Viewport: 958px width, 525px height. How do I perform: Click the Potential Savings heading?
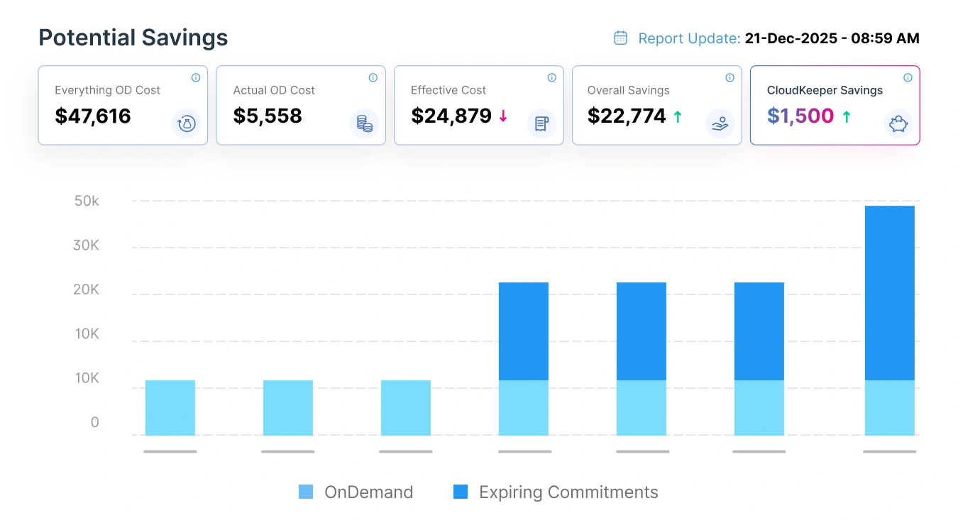(133, 38)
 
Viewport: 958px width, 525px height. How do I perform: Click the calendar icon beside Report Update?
(620, 38)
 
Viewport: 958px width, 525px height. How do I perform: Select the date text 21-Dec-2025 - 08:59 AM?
(832, 38)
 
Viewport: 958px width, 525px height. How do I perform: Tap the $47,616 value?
(93, 116)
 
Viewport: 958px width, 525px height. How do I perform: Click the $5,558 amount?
(268, 116)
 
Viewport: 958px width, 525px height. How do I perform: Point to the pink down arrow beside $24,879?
(503, 116)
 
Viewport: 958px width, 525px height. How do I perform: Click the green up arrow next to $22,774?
(678, 116)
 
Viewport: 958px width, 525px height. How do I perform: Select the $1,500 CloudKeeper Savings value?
(800, 116)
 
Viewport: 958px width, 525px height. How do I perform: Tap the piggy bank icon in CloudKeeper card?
(898, 124)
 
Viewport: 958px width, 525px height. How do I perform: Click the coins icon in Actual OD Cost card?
(364, 124)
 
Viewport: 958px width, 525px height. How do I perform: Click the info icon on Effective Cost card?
(551, 78)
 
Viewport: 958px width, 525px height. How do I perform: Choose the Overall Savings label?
(628, 90)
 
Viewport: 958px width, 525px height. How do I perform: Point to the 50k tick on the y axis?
(87, 201)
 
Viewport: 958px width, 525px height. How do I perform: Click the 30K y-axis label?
(87, 245)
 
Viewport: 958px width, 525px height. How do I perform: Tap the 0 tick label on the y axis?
(94, 422)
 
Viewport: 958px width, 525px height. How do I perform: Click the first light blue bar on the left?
(170, 408)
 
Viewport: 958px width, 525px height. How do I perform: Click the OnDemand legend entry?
(356, 492)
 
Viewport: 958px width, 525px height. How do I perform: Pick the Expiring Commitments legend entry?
(556, 492)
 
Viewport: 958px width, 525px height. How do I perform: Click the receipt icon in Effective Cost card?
(541, 124)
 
